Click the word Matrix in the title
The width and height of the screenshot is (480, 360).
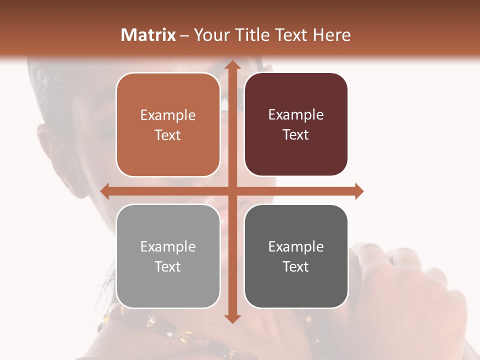pyautogui.click(x=148, y=35)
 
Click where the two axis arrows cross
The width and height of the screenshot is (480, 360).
pyautogui.click(x=232, y=191)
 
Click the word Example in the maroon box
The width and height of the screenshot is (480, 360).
pyautogui.click(x=296, y=114)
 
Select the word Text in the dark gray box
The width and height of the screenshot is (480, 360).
pyautogui.click(x=296, y=266)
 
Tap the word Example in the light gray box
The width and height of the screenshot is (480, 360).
pyautogui.click(x=168, y=246)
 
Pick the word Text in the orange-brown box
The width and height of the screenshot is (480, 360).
pyautogui.click(x=168, y=135)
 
